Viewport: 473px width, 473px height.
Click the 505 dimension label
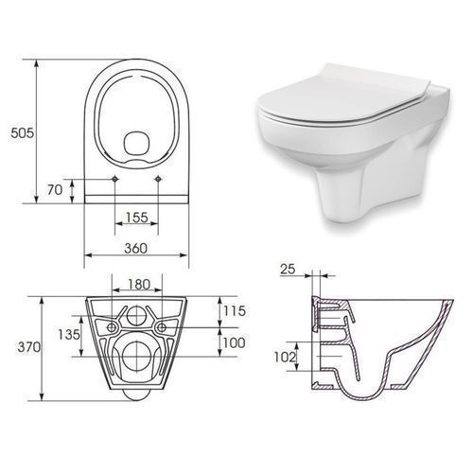tap(22, 132)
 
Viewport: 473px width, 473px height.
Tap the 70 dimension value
tap(55, 190)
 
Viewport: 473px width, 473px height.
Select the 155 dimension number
tap(136, 217)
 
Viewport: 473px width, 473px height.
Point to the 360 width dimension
tap(135, 248)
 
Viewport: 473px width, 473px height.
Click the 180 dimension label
tap(139, 285)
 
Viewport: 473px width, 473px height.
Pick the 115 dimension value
tap(235, 311)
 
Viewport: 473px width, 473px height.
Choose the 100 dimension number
tap(234, 342)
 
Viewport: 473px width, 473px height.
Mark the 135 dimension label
tap(69, 334)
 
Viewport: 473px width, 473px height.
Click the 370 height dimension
tap(29, 347)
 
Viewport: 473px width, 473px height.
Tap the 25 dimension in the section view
tap(288, 269)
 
